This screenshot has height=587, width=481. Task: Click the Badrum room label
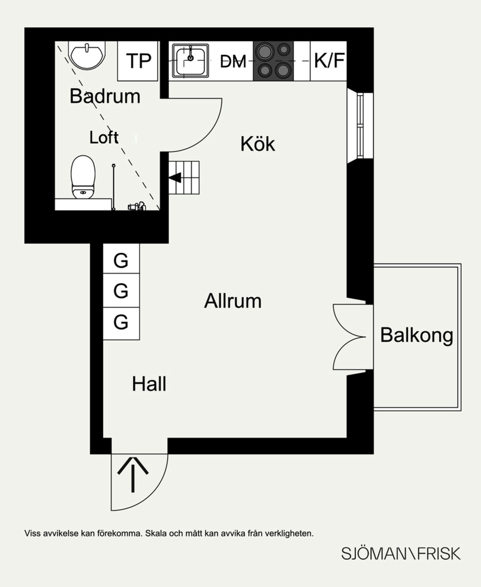(105, 96)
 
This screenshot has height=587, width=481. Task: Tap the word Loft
(104, 137)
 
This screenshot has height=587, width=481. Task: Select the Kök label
(257, 144)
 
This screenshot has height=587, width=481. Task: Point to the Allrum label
(233, 301)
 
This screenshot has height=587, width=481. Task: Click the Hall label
(149, 384)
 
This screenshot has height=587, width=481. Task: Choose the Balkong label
(417, 335)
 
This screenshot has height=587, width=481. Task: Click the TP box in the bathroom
(138, 61)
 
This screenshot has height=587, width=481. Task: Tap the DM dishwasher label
(233, 62)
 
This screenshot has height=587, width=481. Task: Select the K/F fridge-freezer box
(329, 61)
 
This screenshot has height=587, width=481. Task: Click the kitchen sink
(190, 61)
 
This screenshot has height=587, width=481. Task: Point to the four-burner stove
(273, 61)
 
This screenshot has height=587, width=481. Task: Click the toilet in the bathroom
(83, 177)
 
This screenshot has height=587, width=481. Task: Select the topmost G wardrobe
(121, 260)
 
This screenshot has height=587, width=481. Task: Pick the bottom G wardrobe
(121, 322)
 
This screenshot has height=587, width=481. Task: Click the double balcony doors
(353, 336)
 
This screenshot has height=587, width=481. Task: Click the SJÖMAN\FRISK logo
(401, 554)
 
